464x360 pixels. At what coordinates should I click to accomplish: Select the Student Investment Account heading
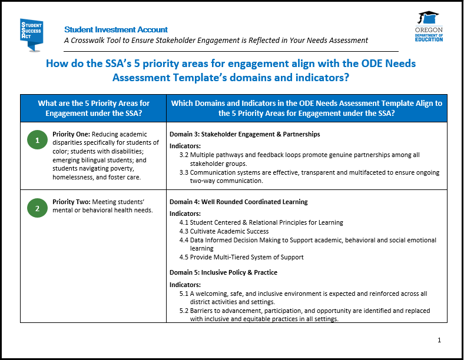pos(116,29)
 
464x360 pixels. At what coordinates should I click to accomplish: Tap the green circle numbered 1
pos(37,140)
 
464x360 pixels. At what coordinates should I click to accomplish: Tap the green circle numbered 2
pos(37,208)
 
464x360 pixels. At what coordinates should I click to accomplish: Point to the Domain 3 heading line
pos(244,134)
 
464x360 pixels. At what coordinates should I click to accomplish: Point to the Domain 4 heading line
pos(238,202)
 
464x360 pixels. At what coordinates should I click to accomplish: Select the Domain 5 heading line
pos(223,272)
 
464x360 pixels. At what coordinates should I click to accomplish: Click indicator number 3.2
pos(184,155)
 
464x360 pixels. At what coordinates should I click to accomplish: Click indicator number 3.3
pos(184,172)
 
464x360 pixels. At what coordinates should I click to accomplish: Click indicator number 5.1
pos(184,294)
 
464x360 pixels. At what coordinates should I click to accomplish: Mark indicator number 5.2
pos(184,311)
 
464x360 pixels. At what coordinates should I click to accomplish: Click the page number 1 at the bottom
pos(439,340)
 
